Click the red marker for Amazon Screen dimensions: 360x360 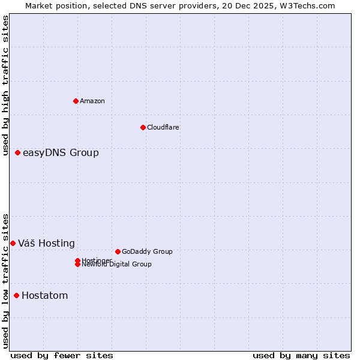[x=76, y=101]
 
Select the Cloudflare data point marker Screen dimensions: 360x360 [x=143, y=127]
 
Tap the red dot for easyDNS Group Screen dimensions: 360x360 [x=18, y=153]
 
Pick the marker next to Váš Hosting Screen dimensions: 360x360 [x=13, y=243]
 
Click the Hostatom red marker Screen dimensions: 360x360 [x=16, y=295]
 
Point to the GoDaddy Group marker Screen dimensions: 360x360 [x=118, y=251]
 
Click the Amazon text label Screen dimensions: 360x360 [x=92, y=101]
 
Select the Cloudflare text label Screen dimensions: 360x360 [x=163, y=127]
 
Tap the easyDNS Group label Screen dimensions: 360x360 [x=61, y=153]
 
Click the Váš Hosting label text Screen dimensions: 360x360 [x=46, y=243]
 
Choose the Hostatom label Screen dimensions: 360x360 [x=44, y=295]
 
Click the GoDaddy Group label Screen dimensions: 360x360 [x=147, y=251]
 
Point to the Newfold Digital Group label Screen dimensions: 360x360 [x=116, y=265]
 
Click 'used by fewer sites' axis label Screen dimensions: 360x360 [x=62, y=355]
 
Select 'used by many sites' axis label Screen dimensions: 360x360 [x=301, y=355]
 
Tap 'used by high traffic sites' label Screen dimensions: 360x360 [x=5, y=85]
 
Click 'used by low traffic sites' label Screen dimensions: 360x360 [x=5, y=280]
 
